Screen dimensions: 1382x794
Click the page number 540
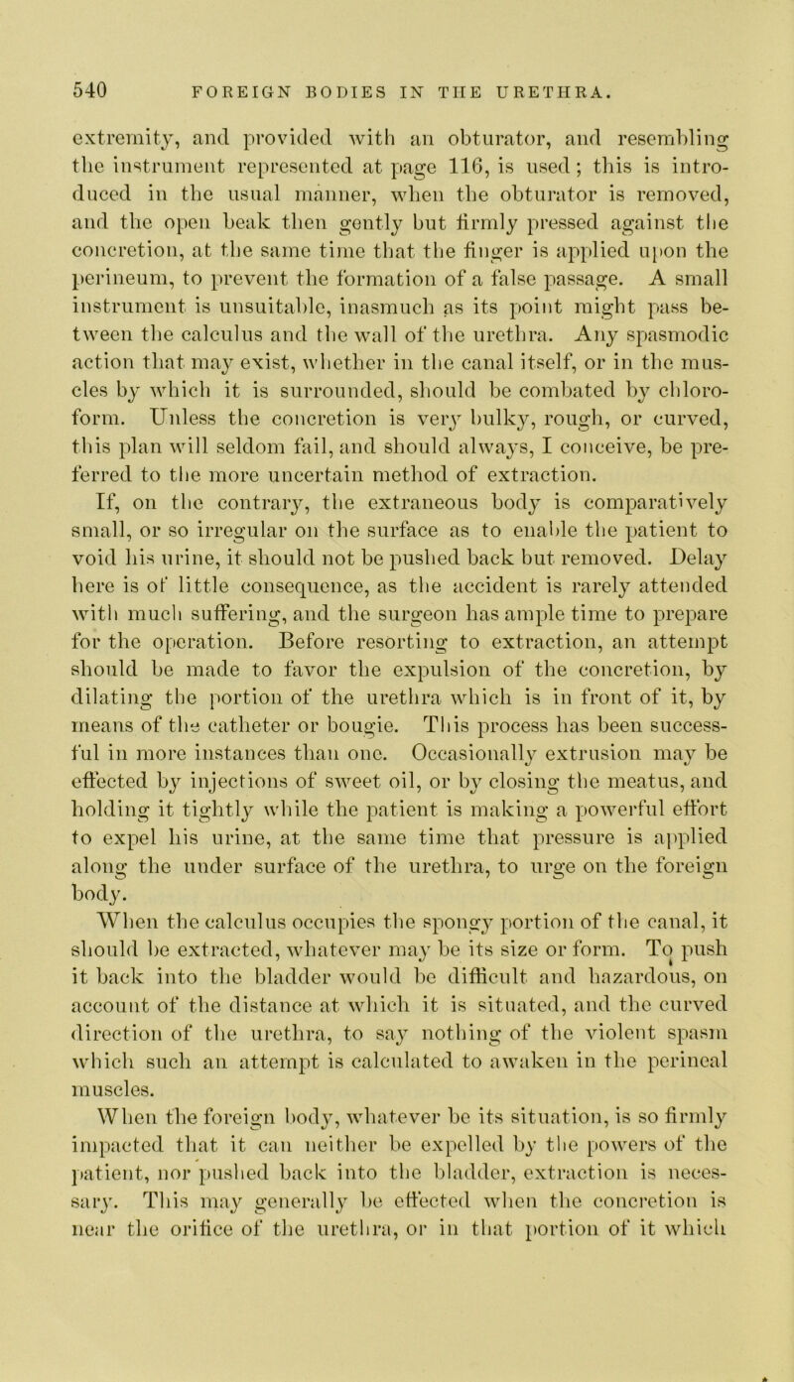pos(70,71)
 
